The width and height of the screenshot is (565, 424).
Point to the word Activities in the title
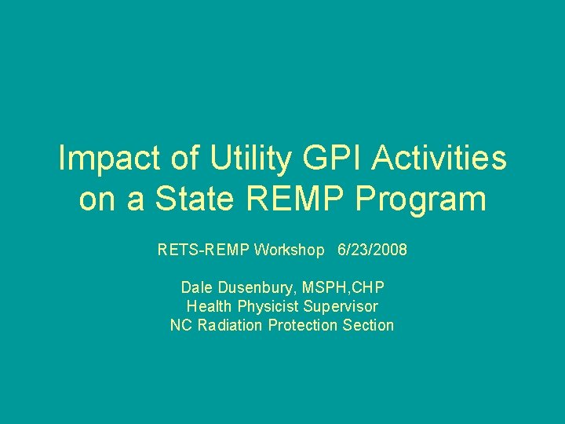440,160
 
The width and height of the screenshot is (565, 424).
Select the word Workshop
287,250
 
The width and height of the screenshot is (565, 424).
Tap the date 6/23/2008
372,250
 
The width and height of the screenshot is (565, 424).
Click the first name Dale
196,287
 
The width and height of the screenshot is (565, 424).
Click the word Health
209,306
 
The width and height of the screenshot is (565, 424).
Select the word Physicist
267,306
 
